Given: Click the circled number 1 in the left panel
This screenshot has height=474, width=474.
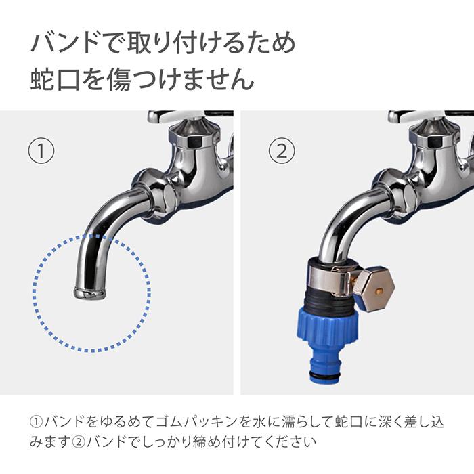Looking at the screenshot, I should pyautogui.click(x=41, y=150).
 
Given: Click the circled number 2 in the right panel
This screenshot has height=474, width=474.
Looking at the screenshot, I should pyautogui.click(x=282, y=150).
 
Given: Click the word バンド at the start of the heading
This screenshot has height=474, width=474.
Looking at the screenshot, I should pyautogui.click(x=65, y=43).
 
